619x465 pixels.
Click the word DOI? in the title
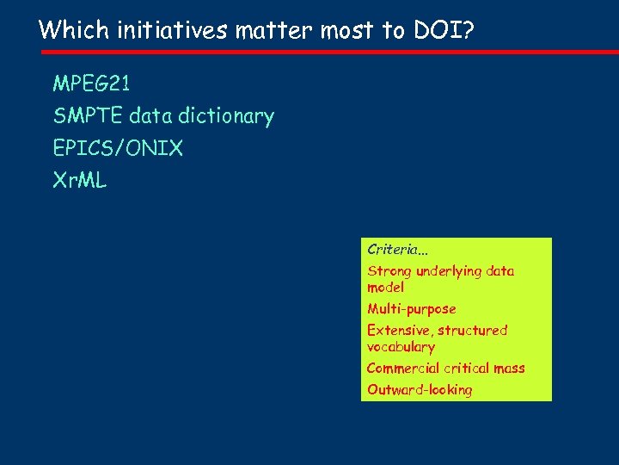tap(441, 30)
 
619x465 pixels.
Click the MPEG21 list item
tap(91, 84)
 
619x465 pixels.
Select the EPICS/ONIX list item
tap(118, 148)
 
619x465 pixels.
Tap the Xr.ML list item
tap(79, 181)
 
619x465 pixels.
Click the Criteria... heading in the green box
tap(397, 250)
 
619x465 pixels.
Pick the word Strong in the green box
tap(389, 271)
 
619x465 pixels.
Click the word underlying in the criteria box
tap(448, 271)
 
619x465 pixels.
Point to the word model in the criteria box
tap(385, 288)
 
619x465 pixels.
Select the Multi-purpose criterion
tap(412, 309)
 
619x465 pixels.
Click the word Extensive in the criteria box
tap(399, 331)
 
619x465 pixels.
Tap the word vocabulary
tap(401, 347)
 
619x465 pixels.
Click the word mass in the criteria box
tap(509, 369)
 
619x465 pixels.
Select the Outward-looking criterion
tap(420, 390)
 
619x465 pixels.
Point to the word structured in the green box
tap(473, 331)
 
